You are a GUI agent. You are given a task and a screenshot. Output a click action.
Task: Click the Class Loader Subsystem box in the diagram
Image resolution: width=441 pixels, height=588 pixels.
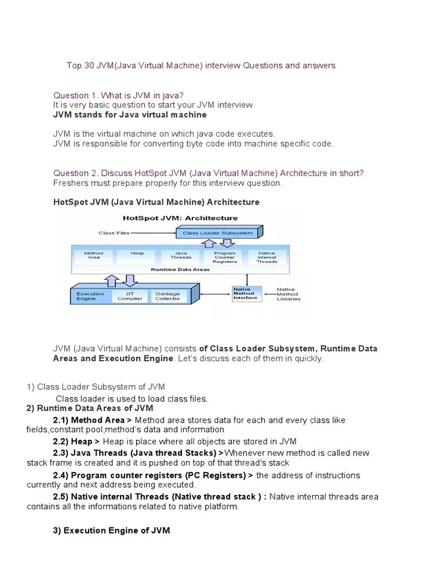pos(217,233)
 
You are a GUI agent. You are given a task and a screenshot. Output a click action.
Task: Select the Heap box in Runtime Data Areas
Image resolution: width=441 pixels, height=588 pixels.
pos(137,256)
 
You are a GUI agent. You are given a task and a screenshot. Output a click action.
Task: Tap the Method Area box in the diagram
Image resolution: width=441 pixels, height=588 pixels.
pos(94,256)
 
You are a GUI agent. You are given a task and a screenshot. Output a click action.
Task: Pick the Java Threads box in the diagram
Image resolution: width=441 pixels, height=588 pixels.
pos(181,256)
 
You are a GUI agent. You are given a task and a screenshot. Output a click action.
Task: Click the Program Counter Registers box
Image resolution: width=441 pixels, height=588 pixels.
pos(225,257)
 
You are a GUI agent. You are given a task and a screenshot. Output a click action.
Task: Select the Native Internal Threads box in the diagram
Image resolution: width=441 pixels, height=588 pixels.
pos(267,257)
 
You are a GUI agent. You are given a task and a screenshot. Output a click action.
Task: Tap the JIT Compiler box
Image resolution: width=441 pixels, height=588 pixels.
pos(130,296)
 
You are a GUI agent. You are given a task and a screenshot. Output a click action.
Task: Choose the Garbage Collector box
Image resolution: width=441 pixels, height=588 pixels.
pos(168,296)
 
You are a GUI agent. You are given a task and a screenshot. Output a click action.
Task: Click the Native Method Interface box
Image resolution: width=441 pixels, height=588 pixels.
pos(246,293)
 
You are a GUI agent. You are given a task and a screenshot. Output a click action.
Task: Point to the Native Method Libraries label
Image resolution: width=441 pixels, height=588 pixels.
pos(288,294)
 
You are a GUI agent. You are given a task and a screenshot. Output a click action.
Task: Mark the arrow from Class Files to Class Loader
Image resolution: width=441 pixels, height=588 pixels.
pos(153,233)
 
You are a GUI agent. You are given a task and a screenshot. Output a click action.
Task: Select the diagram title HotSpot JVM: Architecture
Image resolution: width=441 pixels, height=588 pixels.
pos(180,218)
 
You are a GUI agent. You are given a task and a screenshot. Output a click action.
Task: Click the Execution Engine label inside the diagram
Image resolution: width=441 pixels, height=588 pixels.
pos(91,296)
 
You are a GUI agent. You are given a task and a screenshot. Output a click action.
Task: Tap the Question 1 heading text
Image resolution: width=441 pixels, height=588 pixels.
pos(119,95)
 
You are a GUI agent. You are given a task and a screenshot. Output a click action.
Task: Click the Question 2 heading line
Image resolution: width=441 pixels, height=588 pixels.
pos(208,173)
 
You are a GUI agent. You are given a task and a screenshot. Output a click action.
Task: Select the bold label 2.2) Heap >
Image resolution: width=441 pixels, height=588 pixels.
pos(76,441)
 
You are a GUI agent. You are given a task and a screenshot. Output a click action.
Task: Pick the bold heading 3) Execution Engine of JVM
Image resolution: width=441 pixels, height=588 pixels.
pos(111,530)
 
